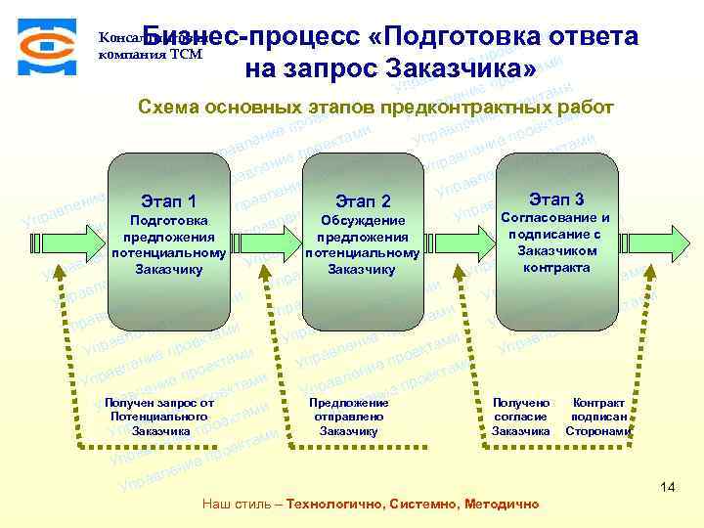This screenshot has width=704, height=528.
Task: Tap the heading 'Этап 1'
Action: pyautogui.click(x=169, y=201)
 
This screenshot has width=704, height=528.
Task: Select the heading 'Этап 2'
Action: pyautogui.click(x=362, y=201)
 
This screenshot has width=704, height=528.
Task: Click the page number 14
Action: pyautogui.click(x=668, y=487)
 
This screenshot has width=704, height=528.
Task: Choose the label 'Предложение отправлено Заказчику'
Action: pyautogui.click(x=348, y=417)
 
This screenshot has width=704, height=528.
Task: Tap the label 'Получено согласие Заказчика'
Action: pyautogui.click(x=520, y=417)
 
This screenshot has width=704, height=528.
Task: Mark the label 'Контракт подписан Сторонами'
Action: pyautogui.click(x=598, y=417)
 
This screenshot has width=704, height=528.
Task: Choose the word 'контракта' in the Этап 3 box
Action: pyautogui.click(x=555, y=268)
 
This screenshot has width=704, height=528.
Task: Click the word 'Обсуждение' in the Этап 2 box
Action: pyautogui.click(x=362, y=222)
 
